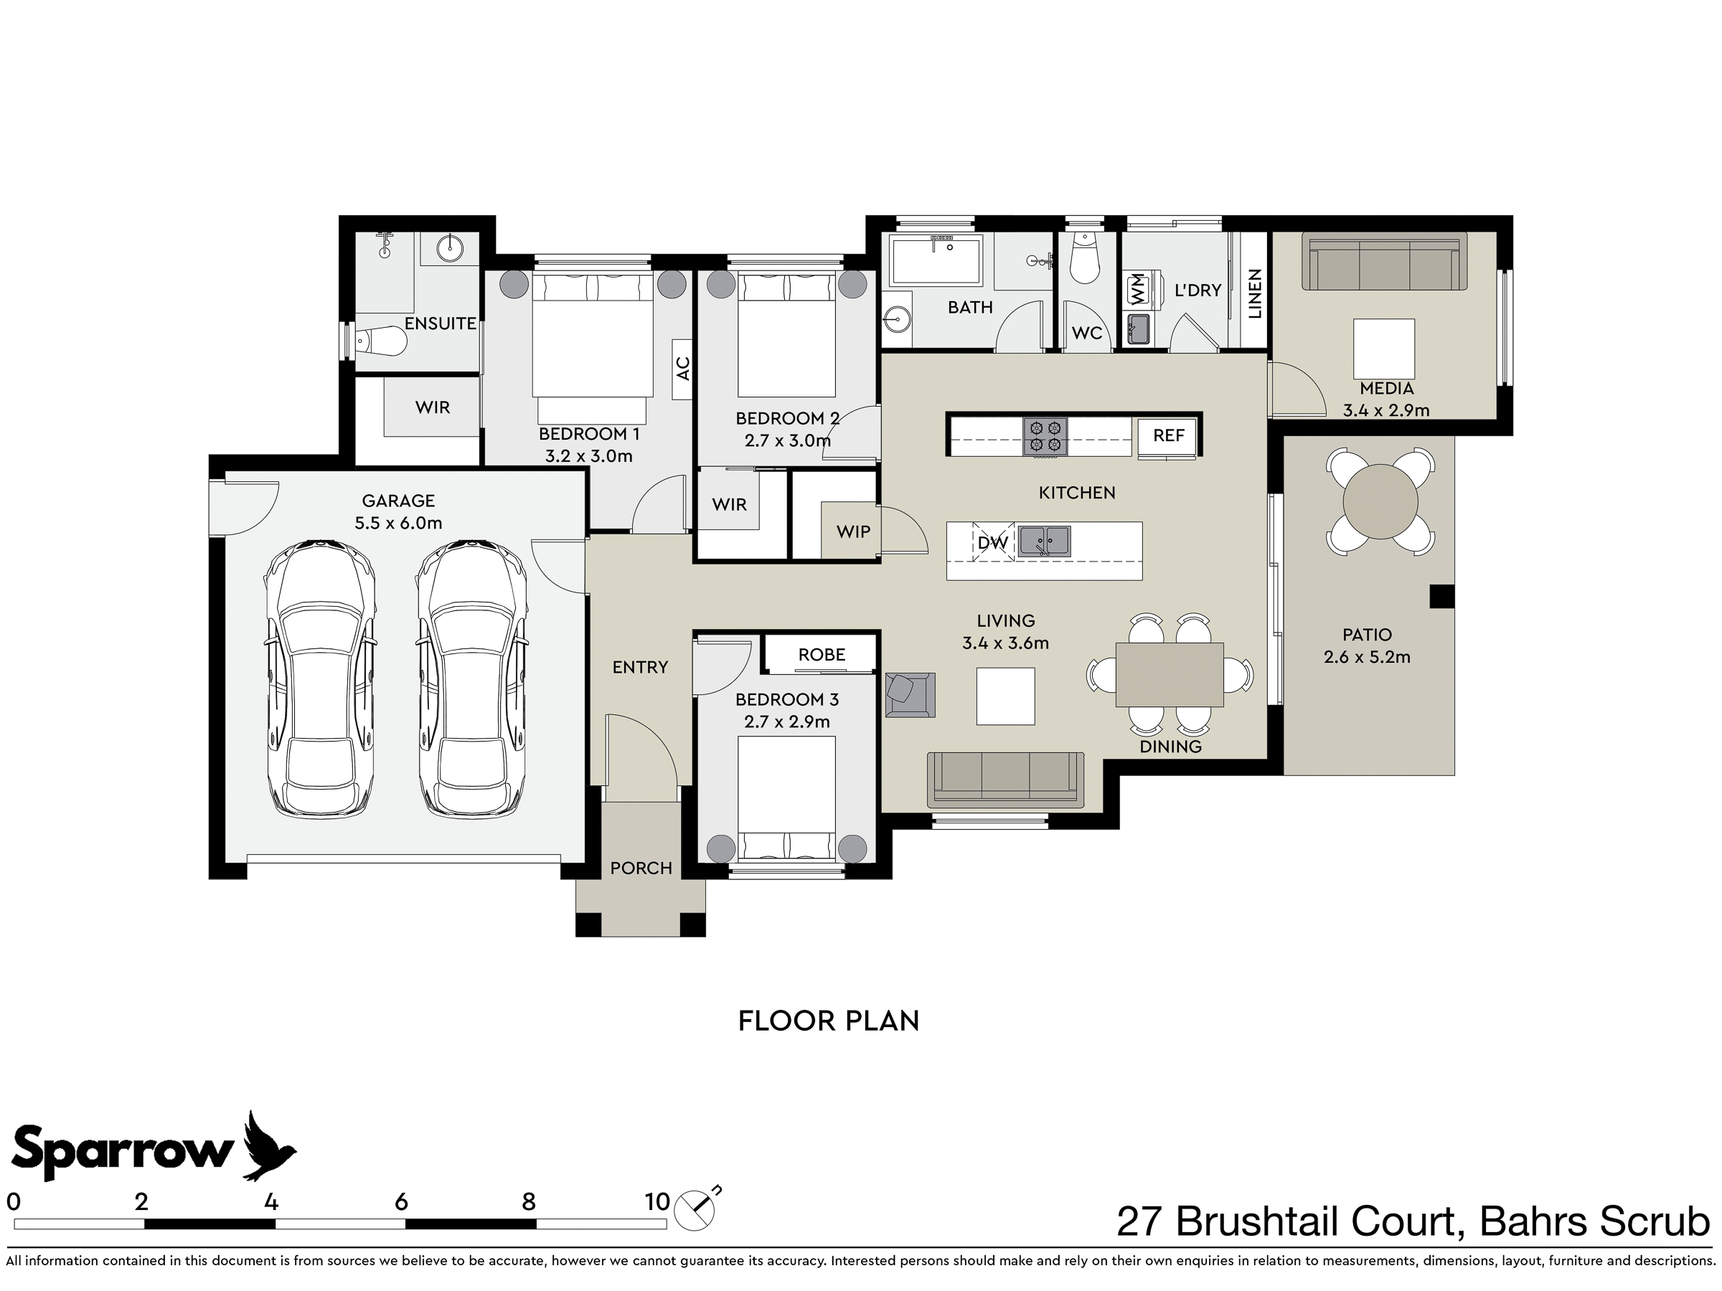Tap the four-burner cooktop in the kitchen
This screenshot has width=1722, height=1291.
(1045, 437)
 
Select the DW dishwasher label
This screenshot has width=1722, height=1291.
(992, 542)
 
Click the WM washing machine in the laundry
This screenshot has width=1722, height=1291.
(1137, 290)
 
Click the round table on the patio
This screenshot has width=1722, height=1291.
(1380, 502)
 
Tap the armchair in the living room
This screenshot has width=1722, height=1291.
(910, 694)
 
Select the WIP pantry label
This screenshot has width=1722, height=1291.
(853, 531)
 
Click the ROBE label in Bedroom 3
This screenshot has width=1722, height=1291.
(822, 654)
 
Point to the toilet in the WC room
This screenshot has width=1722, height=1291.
(1083, 257)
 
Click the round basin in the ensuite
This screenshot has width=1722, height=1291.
(449, 248)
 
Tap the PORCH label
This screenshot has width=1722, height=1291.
(641, 868)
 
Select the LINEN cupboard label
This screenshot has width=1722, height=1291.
(1254, 294)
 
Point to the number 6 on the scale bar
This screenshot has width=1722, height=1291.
(401, 1202)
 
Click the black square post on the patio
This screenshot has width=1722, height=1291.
(1441, 596)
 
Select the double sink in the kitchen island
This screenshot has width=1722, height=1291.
(1045, 541)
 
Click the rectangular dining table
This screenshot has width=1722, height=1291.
(1170, 674)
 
